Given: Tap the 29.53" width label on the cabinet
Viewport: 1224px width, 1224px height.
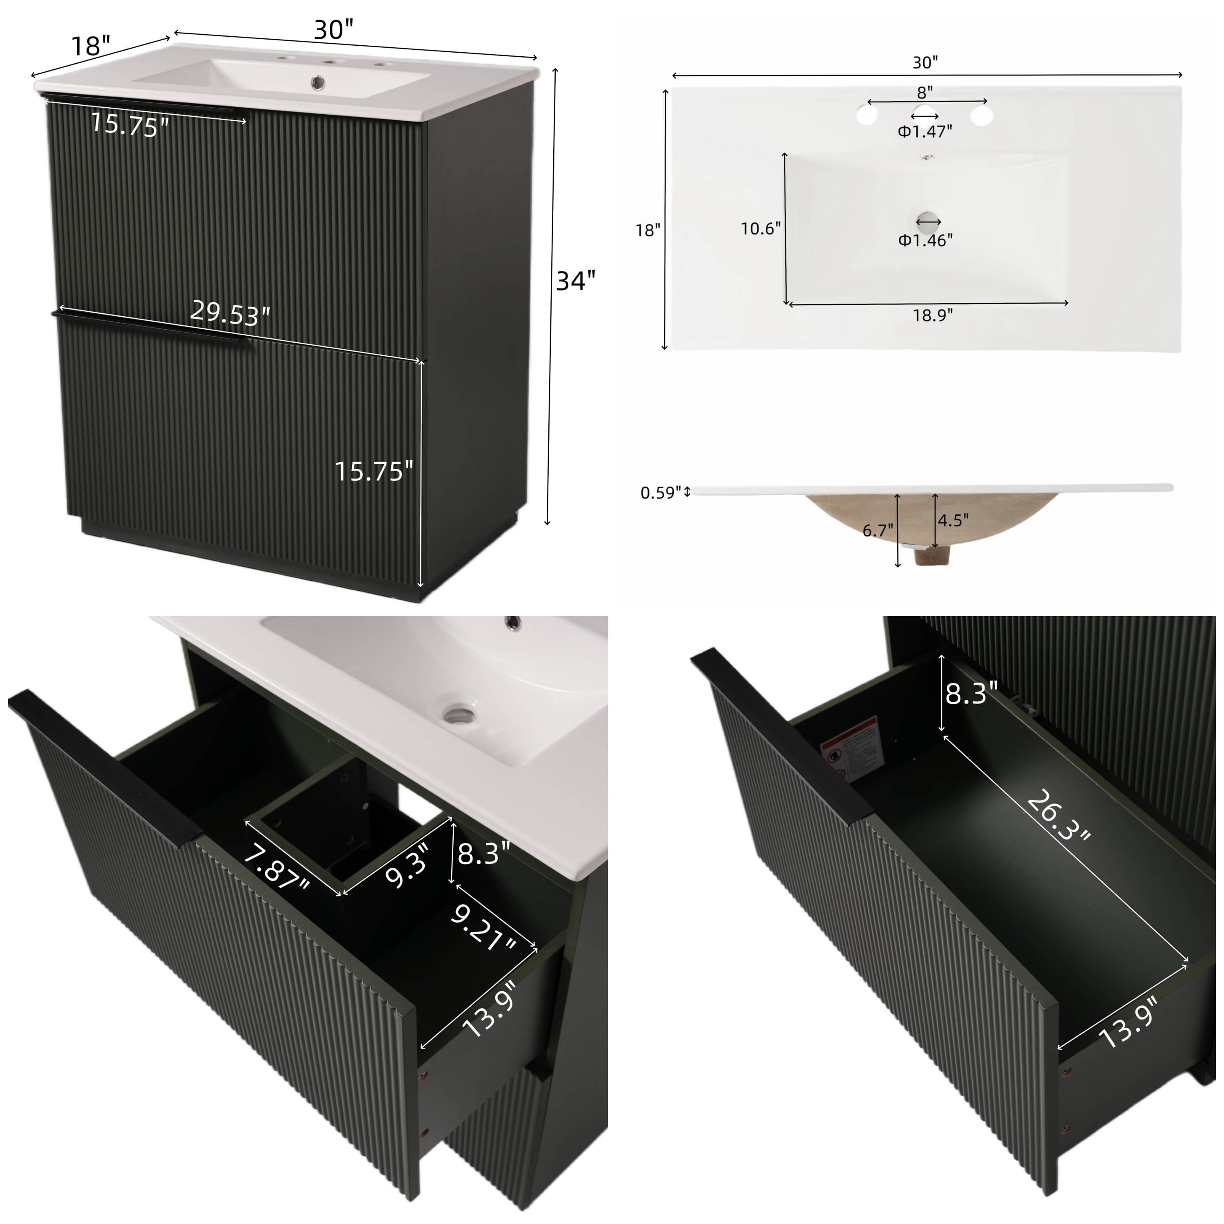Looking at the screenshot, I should point(230,313).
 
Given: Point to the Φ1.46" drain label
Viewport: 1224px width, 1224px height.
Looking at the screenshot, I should point(925,240).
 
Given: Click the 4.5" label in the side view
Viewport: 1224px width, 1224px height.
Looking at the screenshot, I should point(953,520).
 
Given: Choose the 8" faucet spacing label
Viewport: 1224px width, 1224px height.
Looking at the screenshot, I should point(925,93).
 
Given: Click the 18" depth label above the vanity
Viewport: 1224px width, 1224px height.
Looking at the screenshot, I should point(91,46).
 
